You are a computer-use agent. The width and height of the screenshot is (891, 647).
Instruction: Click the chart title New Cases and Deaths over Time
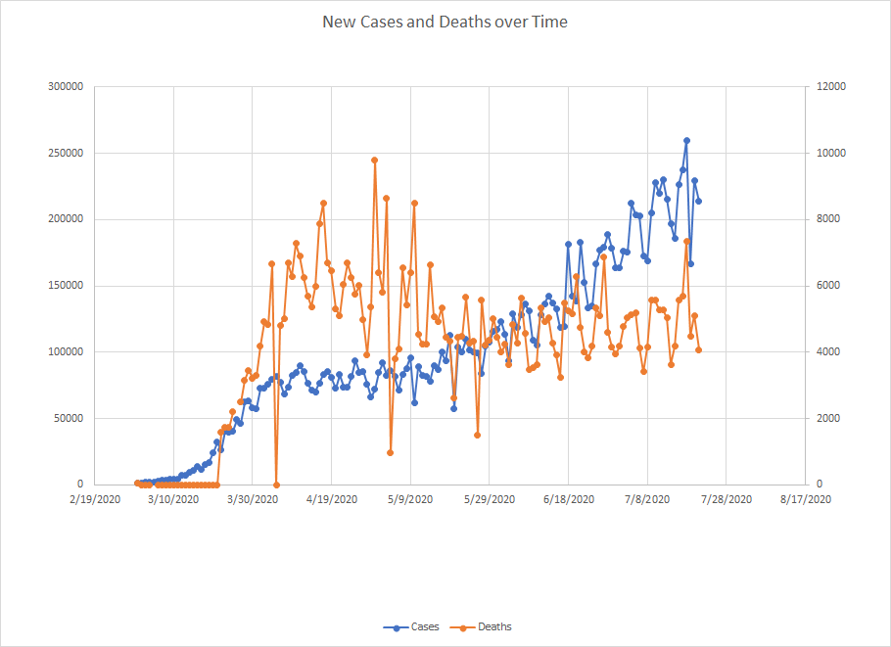445,21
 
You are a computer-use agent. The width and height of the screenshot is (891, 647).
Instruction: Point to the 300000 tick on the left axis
65,87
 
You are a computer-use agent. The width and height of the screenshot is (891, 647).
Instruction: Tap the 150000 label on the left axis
65,286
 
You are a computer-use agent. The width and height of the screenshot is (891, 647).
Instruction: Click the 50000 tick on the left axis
68,418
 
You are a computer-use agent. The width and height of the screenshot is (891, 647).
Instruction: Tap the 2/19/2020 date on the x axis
95,499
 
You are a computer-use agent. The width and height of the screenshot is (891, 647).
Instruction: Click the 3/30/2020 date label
253,499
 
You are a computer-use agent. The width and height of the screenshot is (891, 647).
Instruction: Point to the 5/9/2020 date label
411,499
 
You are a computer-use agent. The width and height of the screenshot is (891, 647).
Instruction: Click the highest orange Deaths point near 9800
374,160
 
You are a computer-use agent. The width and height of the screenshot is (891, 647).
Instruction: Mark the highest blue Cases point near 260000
686,140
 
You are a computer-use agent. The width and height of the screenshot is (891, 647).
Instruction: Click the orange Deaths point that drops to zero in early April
276,485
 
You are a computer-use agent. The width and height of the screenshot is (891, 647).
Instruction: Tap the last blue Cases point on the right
698,202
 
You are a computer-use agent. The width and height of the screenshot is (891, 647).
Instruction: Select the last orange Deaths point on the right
698,349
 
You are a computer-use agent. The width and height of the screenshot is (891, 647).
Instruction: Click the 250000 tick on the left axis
65,154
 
